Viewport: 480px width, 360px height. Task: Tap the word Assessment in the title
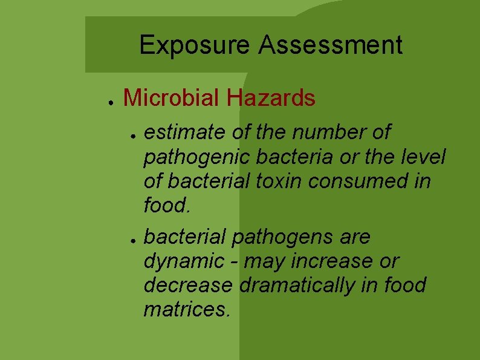pyautogui.click(x=331, y=45)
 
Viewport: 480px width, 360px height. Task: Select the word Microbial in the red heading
pyautogui.click(x=172, y=97)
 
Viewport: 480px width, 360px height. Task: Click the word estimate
pyautogui.click(x=184, y=132)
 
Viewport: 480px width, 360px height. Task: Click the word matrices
pyautogui.click(x=186, y=309)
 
